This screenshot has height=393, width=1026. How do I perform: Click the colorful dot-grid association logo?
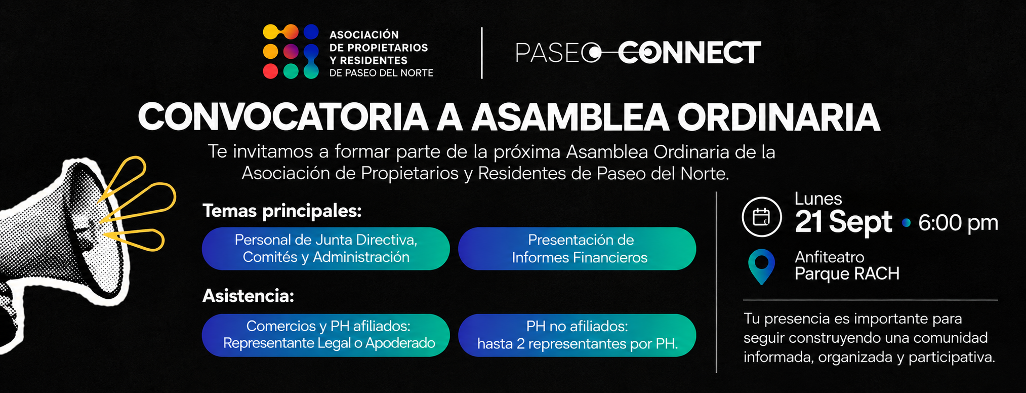click(291, 52)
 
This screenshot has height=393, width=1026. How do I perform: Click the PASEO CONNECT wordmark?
click(638, 53)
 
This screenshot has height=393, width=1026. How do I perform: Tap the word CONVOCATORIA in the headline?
click(283, 117)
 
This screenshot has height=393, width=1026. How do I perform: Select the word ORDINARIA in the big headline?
click(779, 117)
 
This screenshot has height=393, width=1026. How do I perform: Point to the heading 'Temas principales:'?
click(282, 211)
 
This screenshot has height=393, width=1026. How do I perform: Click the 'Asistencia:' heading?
click(248, 296)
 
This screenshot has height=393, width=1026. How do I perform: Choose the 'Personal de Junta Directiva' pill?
click(326, 249)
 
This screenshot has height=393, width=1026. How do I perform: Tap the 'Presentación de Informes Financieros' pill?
click(577, 249)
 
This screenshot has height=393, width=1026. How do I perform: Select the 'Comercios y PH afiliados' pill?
click(326, 335)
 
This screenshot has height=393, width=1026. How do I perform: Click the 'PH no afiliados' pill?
click(577, 335)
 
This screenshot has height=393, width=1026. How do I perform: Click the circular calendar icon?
click(762, 217)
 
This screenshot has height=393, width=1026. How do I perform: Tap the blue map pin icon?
click(761, 266)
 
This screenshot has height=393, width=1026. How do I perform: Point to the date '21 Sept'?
click(843, 222)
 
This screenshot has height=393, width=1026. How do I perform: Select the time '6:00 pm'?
click(958, 223)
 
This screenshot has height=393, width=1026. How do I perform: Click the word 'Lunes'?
click(818, 199)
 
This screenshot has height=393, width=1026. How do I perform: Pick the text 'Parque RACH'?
click(847, 274)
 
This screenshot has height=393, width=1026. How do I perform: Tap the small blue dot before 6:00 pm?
click(906, 222)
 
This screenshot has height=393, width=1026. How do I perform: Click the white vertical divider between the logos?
click(481, 53)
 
